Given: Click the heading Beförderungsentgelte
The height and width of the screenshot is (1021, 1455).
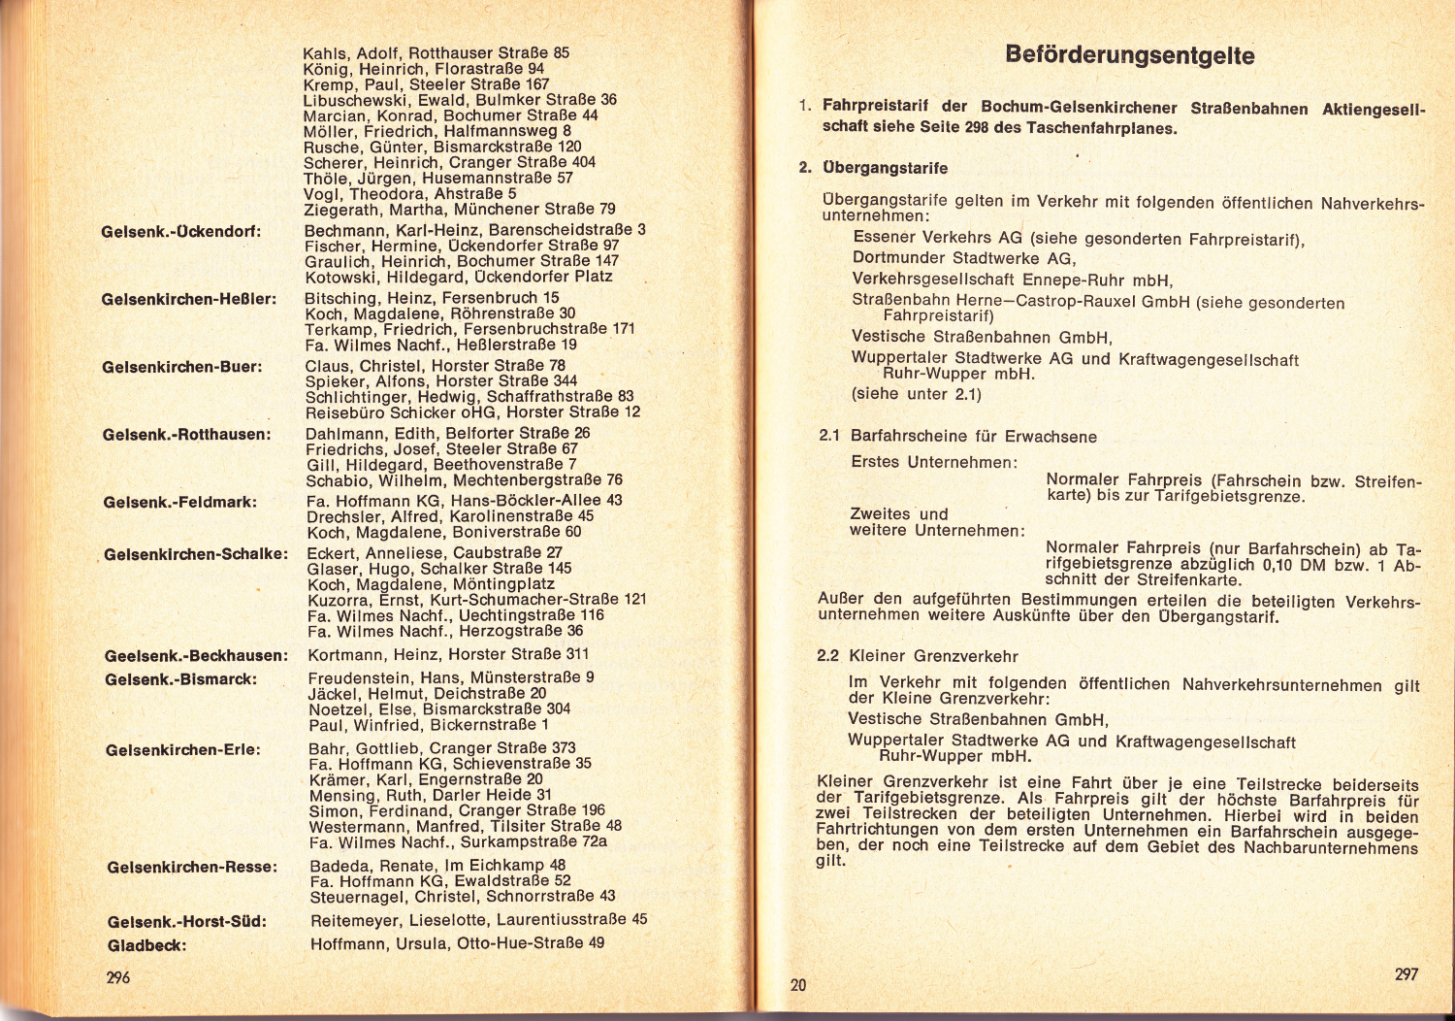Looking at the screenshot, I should coord(1130,55).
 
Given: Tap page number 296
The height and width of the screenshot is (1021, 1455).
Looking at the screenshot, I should coord(118,978).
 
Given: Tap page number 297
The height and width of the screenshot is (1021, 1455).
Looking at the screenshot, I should coord(1406,974).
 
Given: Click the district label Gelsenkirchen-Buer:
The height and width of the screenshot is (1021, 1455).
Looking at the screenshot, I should coord(182,367).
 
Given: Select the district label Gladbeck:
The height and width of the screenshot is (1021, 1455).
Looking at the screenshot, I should coord(147,945).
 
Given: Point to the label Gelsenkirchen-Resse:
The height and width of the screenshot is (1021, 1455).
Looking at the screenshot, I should coord(192,867).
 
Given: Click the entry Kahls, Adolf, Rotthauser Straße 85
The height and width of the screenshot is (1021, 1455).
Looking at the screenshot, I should coord(436,53).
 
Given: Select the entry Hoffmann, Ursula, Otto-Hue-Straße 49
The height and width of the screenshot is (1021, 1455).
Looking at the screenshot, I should coord(457,943).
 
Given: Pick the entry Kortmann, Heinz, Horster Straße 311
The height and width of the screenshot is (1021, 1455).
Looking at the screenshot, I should coord(448,655).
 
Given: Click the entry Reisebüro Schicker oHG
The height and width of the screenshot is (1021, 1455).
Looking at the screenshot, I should coord(473,412).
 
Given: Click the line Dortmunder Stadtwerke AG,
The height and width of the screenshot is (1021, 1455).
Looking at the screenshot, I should coord(964,258).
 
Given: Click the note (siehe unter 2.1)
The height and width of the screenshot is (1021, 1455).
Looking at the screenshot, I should coord(917,394).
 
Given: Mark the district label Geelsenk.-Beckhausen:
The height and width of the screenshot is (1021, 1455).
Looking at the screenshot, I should coord(196,656).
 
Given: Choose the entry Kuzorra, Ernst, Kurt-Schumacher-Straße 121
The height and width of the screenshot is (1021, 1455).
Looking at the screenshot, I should coord(476,600).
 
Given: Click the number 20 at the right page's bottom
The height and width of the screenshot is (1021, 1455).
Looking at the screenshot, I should coord(797,985).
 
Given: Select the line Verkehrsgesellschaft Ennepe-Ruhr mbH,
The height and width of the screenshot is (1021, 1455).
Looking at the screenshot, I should coord(1013,280).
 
